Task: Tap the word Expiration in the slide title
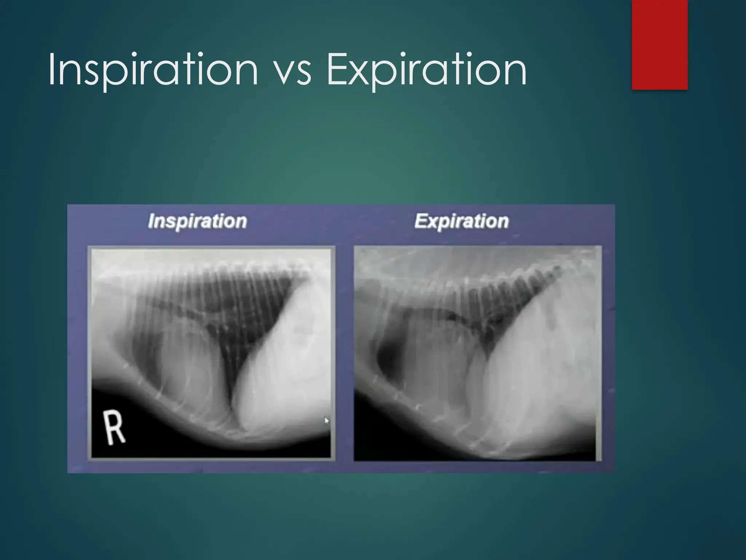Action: pyautogui.click(x=426, y=69)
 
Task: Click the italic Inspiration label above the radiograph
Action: pyautogui.click(x=197, y=221)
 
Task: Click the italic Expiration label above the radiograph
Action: pyautogui.click(x=462, y=221)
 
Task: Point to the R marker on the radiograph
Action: pyautogui.click(x=114, y=427)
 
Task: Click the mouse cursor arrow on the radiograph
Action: pyautogui.click(x=326, y=421)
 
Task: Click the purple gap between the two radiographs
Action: pyautogui.click(x=344, y=350)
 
